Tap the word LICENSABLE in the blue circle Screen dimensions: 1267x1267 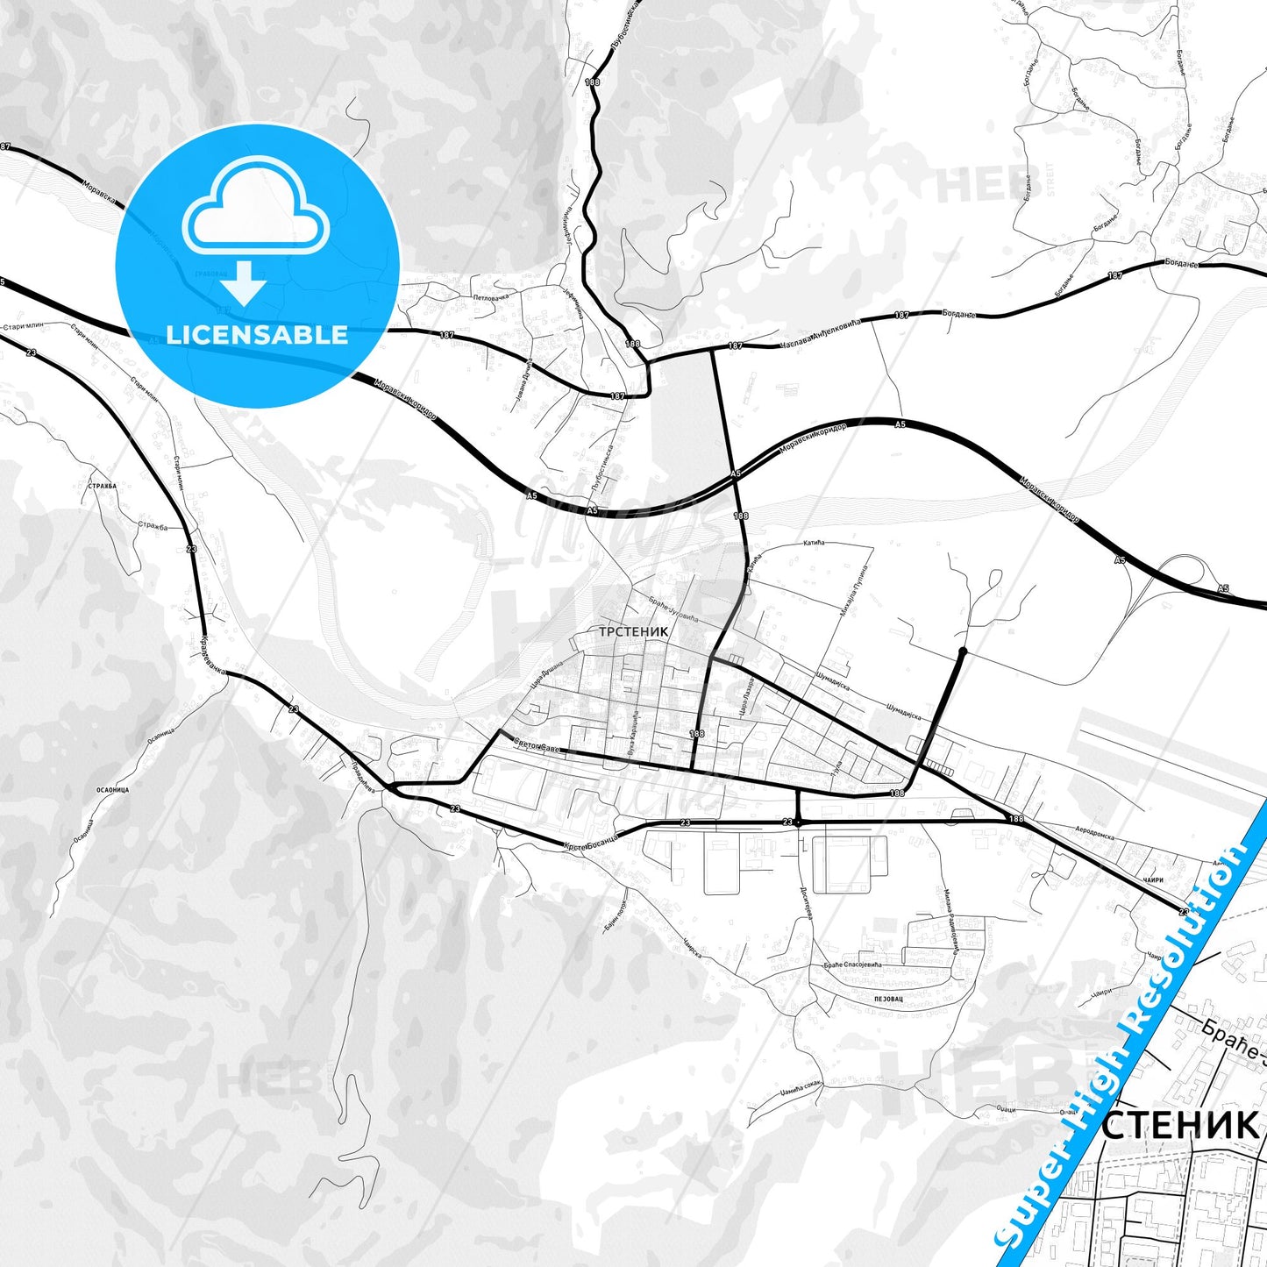257,335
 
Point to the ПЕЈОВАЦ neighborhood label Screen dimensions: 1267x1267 889,999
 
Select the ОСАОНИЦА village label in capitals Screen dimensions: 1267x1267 112,790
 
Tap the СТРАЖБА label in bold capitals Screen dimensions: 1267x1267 103,486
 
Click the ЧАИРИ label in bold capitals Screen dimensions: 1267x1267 1154,879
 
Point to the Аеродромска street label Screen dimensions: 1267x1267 1094,831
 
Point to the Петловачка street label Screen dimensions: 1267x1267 491,297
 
